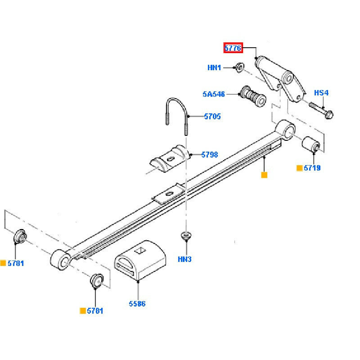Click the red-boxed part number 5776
pyautogui.click(x=234, y=47)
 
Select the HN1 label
pyautogui.click(x=214, y=68)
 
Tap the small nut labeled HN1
pyautogui.click(x=239, y=67)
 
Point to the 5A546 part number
pyautogui.click(x=213, y=94)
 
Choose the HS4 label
pyautogui.click(x=321, y=93)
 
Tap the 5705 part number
pyautogui.click(x=212, y=117)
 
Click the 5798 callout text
pyautogui.click(x=210, y=155)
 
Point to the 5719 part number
pyautogui.click(x=312, y=168)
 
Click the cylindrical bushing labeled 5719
pyautogui.click(x=311, y=145)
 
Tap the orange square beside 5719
pyautogui.click(x=299, y=168)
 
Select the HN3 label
pyautogui.click(x=184, y=259)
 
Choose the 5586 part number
pyautogui.click(x=137, y=304)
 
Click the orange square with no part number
pyautogui.click(x=264, y=175)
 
